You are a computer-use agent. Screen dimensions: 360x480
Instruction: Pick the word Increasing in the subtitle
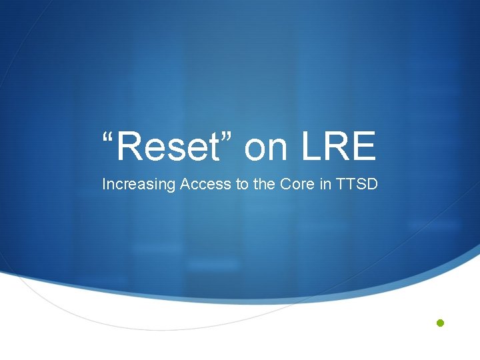[138, 185]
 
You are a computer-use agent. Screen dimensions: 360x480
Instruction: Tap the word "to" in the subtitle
[241, 184]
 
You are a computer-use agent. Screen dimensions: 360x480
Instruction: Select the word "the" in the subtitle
[263, 184]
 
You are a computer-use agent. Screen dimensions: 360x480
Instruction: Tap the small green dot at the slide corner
[439, 323]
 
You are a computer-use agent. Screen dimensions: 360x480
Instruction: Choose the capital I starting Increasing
[104, 184]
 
